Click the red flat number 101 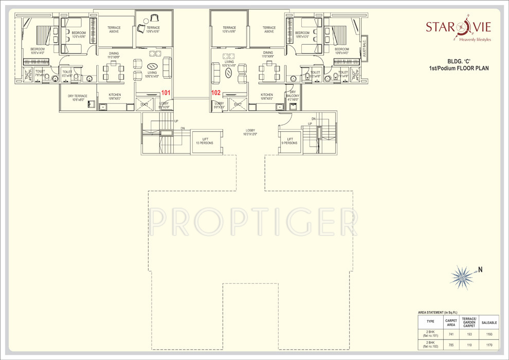[x=166, y=93]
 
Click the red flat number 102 [x=216, y=93]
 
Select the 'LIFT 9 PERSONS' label [x=290, y=141]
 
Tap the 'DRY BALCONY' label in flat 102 [x=293, y=96]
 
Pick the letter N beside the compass [x=480, y=269]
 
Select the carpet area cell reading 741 [x=451, y=334]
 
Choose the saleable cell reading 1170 [x=489, y=345]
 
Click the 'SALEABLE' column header [x=489, y=322]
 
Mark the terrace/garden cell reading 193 [x=469, y=334]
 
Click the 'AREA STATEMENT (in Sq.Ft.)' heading [x=438, y=312]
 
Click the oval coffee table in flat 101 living [x=152, y=66]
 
